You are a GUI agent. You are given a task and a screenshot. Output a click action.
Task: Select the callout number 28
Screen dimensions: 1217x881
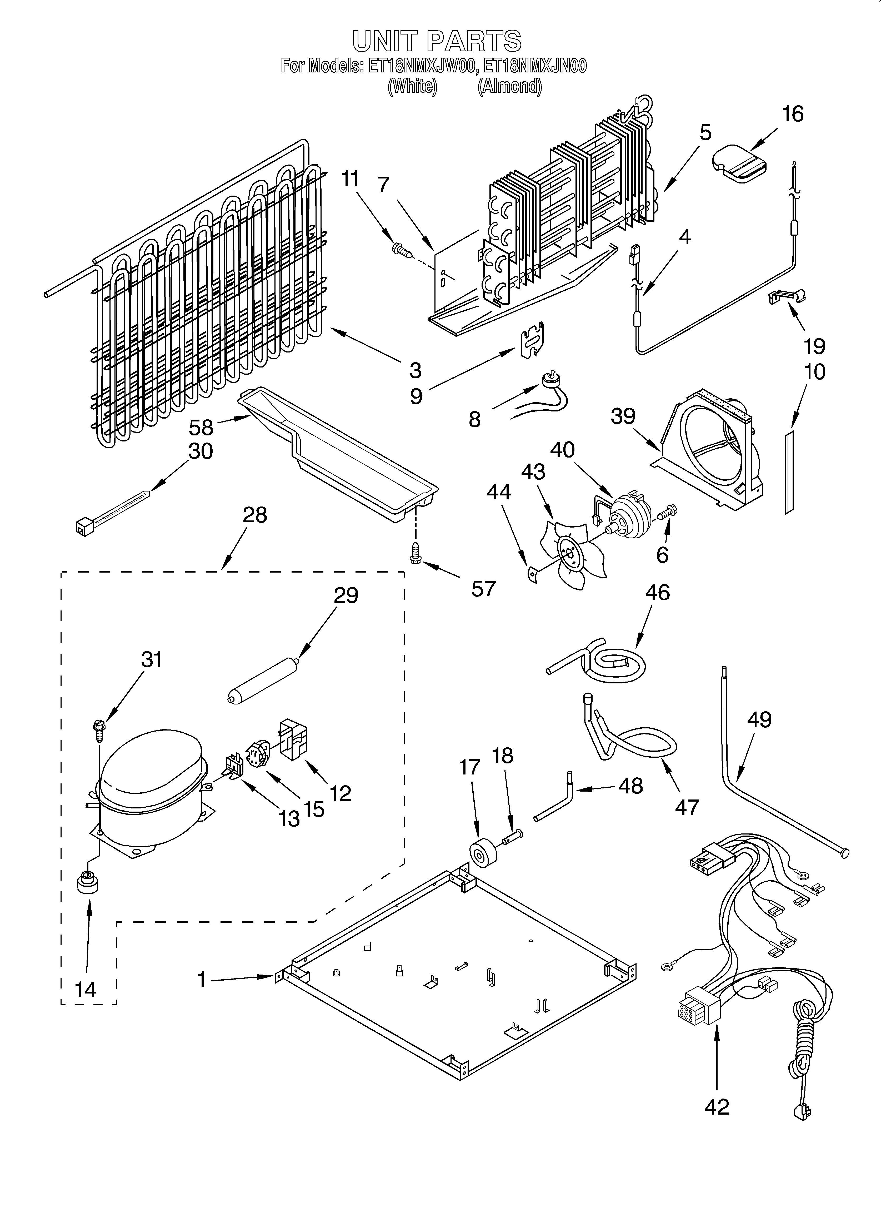[x=254, y=515]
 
